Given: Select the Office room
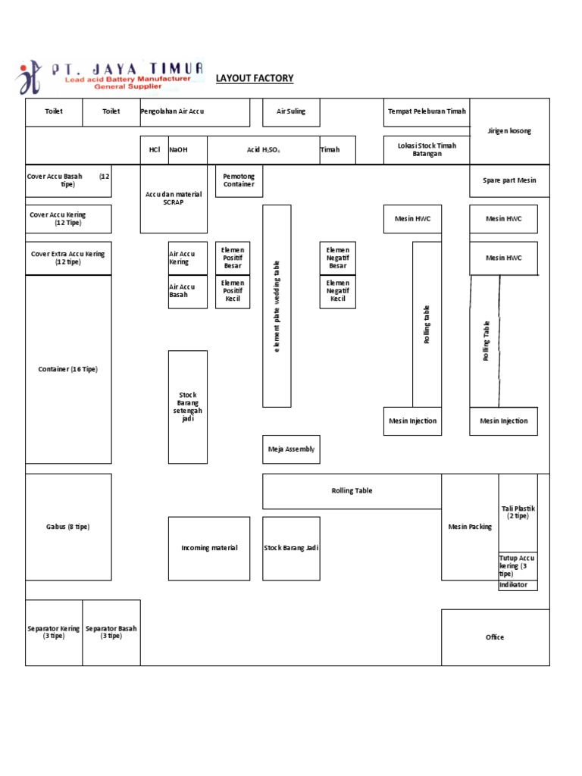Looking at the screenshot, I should (x=495, y=637).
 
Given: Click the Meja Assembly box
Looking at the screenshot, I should (x=291, y=449).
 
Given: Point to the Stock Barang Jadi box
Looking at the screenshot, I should (x=291, y=548).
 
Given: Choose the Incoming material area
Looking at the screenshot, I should (x=209, y=548).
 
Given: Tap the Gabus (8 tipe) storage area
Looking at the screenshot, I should (x=68, y=527).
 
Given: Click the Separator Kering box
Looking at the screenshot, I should (x=54, y=632).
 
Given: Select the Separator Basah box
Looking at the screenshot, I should (x=111, y=632).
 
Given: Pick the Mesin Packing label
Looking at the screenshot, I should (x=470, y=527).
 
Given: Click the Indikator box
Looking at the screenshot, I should (x=518, y=585).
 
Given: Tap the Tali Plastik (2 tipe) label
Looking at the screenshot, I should (x=518, y=512).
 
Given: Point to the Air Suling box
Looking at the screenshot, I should (x=291, y=111).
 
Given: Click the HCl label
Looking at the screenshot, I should (x=155, y=150).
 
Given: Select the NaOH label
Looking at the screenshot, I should (x=178, y=150).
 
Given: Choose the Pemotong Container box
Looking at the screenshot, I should (x=239, y=180).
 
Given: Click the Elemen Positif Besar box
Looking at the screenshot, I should (x=232, y=258).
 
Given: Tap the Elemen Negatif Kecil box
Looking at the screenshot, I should (x=337, y=291).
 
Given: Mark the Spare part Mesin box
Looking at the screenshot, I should (x=509, y=180).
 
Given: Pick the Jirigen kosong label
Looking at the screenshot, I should (x=509, y=131).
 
